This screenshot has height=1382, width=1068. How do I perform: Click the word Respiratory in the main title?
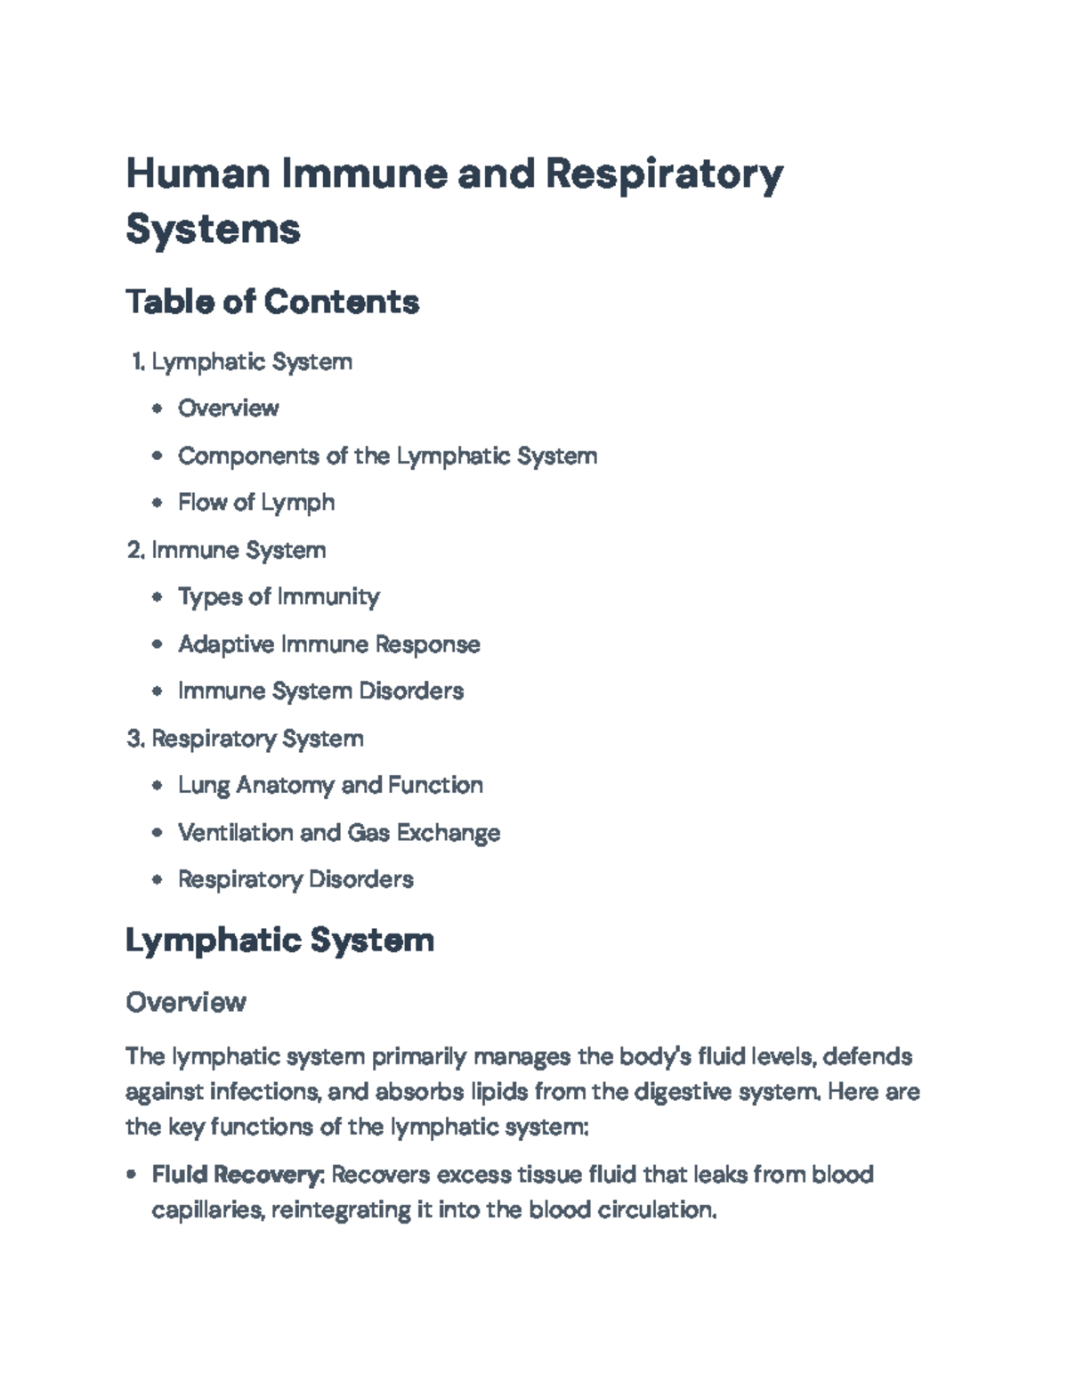663,174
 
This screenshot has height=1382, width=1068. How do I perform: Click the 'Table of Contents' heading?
272,302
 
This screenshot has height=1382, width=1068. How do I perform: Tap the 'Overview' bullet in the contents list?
228,408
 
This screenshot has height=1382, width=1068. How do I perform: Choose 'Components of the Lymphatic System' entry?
387,456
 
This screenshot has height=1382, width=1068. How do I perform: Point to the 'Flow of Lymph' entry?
256,502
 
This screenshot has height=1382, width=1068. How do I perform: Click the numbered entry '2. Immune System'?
228,550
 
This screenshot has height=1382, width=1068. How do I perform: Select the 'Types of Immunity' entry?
279,596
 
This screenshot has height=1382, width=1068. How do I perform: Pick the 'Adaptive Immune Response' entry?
328,643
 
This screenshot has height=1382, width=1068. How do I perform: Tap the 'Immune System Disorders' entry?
320,691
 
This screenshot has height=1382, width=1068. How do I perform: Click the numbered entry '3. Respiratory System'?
246,739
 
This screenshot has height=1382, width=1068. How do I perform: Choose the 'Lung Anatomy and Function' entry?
330,785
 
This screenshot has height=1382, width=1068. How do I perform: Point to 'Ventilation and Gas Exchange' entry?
339,832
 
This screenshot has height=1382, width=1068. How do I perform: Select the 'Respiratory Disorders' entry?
295,879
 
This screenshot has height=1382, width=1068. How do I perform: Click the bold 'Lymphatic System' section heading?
279,940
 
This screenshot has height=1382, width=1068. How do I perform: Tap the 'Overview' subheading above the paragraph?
185,1002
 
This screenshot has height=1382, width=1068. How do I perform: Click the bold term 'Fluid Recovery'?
235,1175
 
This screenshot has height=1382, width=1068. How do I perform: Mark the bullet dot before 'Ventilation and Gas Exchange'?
158,833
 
